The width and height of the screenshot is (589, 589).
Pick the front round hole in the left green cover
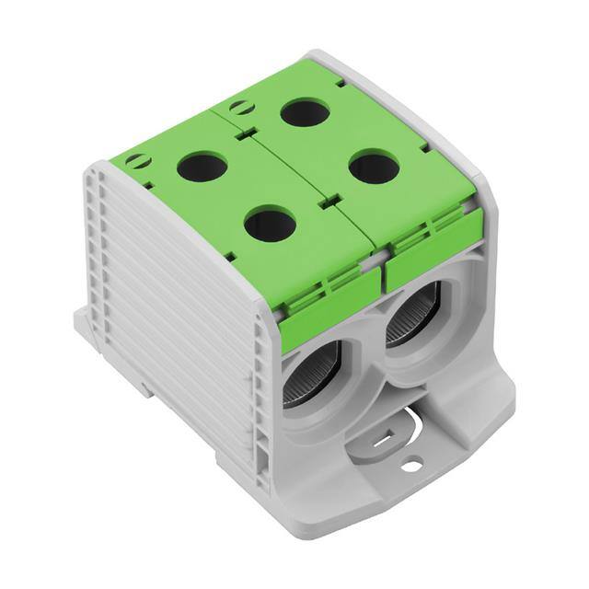pyautogui.click(x=270, y=224)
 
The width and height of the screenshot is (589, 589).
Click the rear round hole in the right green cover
pyautogui.click(x=305, y=112)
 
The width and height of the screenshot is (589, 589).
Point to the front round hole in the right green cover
pyautogui.click(x=374, y=167)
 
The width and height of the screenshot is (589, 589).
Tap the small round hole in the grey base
pyautogui.click(x=411, y=467)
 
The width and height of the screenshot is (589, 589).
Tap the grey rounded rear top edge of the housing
pyautogui.click(x=405, y=101)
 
